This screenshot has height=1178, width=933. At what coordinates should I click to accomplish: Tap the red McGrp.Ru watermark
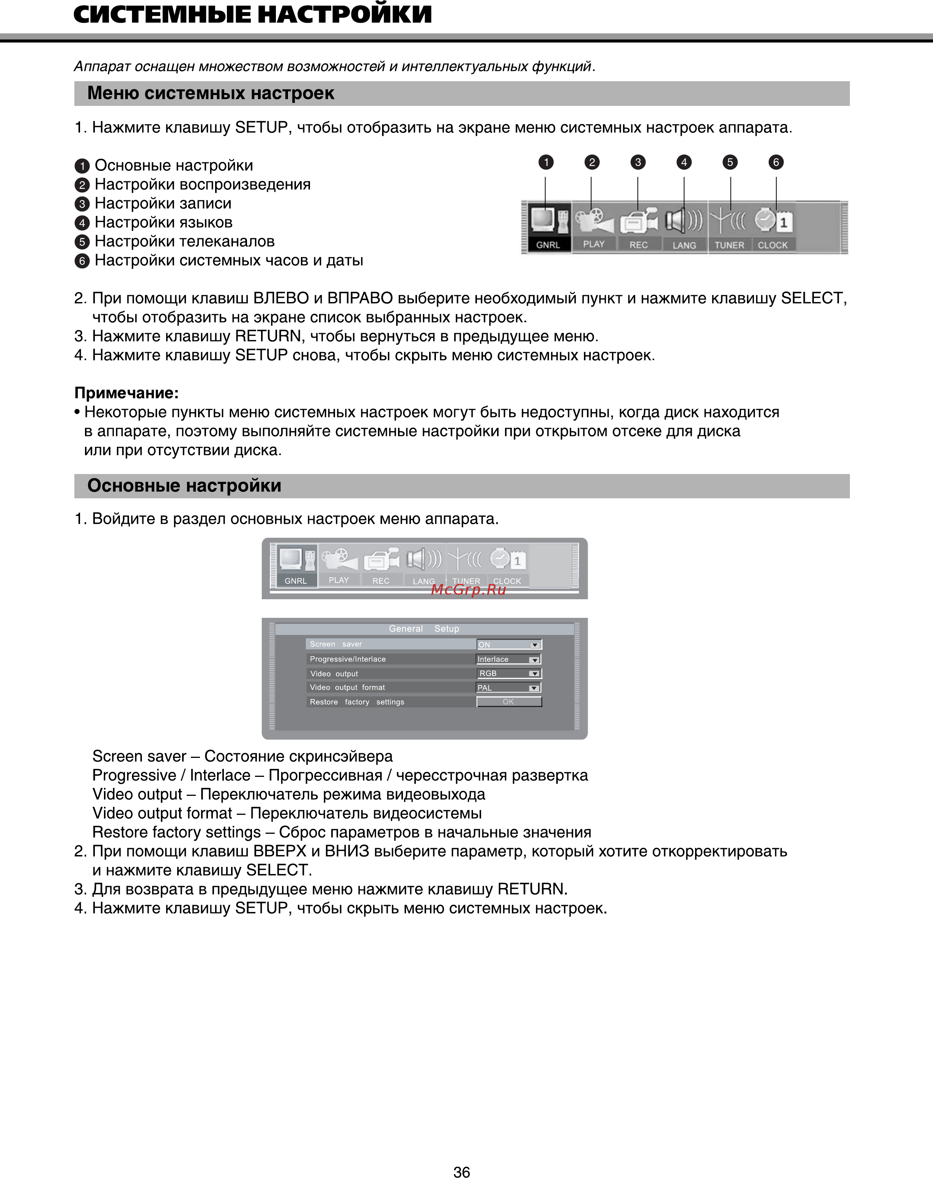[x=468, y=589]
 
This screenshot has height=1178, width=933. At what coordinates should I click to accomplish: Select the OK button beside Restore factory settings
[x=508, y=702]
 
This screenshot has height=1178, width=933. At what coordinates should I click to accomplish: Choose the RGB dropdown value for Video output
[x=508, y=674]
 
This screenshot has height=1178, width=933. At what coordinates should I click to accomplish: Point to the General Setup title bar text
[x=424, y=629]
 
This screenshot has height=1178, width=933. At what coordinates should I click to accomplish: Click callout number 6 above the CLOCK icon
[x=776, y=162]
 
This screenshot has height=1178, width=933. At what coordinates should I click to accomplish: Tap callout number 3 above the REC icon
[x=637, y=162]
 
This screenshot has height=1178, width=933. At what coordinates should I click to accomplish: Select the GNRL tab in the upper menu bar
[x=548, y=245]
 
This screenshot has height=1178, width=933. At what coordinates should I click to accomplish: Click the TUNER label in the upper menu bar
[x=729, y=245]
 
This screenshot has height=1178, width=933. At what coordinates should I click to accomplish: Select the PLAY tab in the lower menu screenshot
[x=339, y=580]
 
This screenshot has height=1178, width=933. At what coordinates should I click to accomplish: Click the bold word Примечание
[x=126, y=393]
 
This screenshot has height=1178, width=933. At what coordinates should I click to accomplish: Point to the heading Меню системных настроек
[x=211, y=93]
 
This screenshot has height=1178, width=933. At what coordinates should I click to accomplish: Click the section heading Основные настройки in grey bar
[x=184, y=486]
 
